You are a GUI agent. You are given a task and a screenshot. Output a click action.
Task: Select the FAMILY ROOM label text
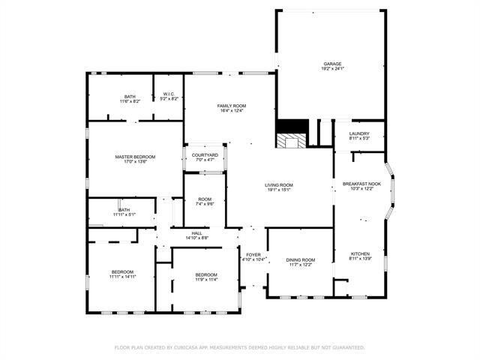click(x=232, y=106)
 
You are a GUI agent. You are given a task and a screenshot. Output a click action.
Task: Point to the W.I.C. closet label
click(x=169, y=94)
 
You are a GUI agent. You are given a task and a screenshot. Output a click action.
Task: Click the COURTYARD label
click(x=205, y=154)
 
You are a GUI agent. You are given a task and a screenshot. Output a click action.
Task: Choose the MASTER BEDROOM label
click(x=135, y=156)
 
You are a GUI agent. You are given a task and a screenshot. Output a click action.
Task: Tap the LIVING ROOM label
click(x=278, y=184)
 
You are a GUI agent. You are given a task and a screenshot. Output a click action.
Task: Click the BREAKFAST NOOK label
click(x=361, y=184)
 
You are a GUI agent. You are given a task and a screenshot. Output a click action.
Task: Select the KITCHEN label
click(x=360, y=254)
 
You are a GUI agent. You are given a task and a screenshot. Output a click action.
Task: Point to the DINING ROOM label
click(x=300, y=259)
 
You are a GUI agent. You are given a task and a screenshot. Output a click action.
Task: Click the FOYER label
click(x=253, y=255)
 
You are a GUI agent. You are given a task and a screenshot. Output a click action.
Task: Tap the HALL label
click(x=196, y=233)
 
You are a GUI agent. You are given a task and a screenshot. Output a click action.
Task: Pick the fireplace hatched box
click(x=291, y=142)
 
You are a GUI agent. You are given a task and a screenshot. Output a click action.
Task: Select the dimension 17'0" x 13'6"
click(x=135, y=161)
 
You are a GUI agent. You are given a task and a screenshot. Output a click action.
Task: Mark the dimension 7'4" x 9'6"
click(x=204, y=204)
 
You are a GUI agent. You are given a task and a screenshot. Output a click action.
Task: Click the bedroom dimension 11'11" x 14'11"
click(x=123, y=277)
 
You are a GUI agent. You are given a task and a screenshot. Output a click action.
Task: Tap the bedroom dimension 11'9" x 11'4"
click(x=206, y=280)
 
